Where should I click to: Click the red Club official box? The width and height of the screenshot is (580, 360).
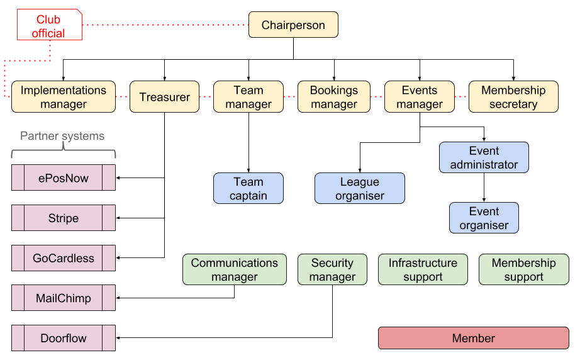49,25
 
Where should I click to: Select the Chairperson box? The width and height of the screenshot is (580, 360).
293,25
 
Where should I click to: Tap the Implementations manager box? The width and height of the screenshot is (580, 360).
64,97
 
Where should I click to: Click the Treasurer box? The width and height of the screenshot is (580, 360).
164,97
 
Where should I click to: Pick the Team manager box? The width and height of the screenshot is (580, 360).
248,97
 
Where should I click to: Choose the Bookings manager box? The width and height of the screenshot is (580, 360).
333,97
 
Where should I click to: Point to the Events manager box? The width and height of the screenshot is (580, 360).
419,97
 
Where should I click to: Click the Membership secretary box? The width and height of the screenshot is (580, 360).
513,97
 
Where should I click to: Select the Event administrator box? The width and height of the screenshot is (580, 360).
484,157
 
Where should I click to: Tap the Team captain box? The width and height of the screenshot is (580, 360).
248,189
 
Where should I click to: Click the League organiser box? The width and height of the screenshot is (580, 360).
359,189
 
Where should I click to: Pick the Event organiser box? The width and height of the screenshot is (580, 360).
484,218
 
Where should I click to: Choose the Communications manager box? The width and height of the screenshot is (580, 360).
234,269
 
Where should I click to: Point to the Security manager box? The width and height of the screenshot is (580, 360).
332,269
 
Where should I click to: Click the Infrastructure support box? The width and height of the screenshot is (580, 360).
423,269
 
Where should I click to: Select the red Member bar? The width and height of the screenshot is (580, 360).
473,338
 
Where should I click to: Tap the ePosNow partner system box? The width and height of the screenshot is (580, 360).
64,178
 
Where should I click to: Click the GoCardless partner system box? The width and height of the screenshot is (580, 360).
64,258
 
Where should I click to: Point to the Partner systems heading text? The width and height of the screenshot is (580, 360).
62,136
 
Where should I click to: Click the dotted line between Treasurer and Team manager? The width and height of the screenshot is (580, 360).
206,97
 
